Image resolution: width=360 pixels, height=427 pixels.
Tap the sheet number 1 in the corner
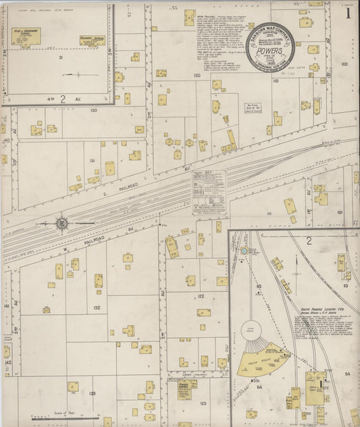[x=348, y=12]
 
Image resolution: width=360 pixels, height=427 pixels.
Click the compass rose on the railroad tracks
[x=61, y=223]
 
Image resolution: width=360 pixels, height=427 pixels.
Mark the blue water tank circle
[x=244, y=251]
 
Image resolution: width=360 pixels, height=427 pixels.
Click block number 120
[x=197, y=76]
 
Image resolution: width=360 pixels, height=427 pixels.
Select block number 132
[x=97, y=307]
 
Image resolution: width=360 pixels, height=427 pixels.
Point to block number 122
[x=201, y=296]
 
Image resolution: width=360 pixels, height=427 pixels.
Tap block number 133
[x=92, y=393]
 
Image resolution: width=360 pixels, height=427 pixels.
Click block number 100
[x=344, y=64]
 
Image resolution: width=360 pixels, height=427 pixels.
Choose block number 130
[x=93, y=110]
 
